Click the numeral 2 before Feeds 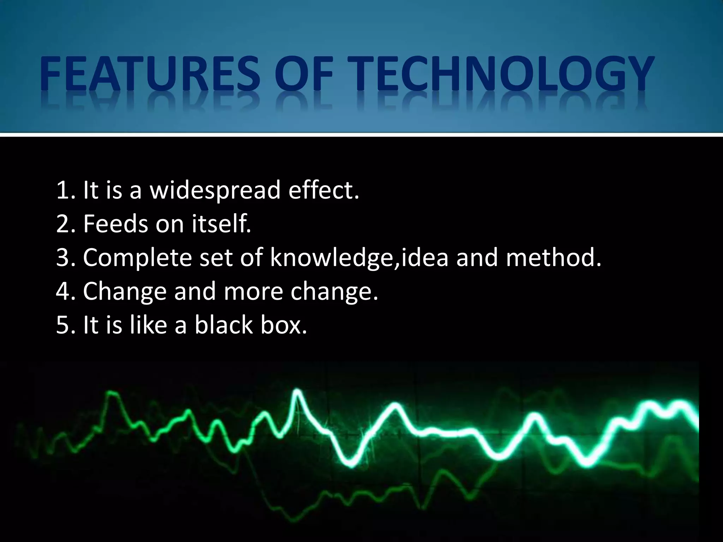pos(62,224)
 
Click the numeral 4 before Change pos(62,291)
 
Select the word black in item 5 pos(223,325)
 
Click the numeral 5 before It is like pos(62,325)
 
